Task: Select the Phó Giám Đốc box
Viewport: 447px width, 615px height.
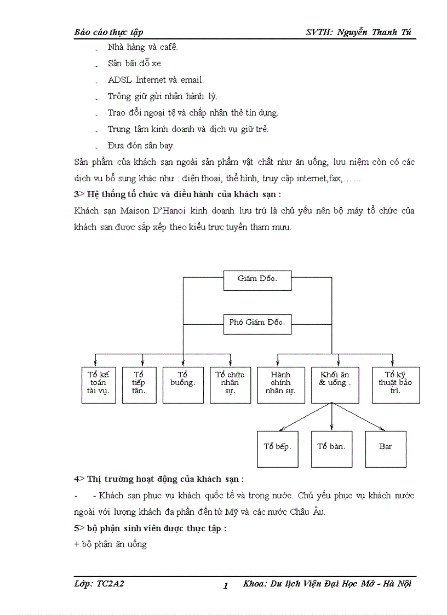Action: tap(257, 323)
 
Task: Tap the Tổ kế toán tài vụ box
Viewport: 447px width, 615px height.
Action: tap(98, 384)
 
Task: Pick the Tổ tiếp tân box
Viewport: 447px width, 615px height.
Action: tap(139, 384)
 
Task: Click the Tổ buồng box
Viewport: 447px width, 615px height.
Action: tap(183, 384)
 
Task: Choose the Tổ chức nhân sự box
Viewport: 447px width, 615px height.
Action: tap(230, 384)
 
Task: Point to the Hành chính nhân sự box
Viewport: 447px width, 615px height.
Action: tap(280, 384)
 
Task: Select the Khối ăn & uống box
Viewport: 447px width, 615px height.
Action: tap(335, 384)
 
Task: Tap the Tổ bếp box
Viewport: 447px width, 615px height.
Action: tap(277, 449)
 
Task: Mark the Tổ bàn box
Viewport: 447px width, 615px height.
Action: tap(331, 449)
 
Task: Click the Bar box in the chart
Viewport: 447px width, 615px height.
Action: tap(386, 449)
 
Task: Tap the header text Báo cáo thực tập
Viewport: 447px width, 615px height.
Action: tap(108, 32)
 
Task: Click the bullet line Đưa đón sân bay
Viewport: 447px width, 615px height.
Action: tap(141, 146)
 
